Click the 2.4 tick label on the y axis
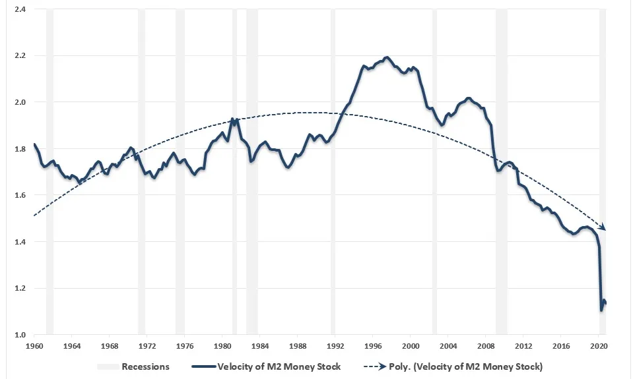point(20,9)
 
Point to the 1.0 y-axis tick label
point(20,335)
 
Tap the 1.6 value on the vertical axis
point(20,195)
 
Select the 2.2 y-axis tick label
point(20,55)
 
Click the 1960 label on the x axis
point(34,346)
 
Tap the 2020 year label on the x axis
point(599,346)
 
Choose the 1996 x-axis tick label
point(373,346)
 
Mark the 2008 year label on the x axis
point(486,346)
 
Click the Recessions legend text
point(145,366)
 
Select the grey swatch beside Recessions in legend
point(108,366)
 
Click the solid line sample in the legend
point(203,366)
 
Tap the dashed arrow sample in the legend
point(375,366)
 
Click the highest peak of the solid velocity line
point(387,57)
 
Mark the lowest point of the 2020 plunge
point(601,310)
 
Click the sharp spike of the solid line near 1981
point(232,119)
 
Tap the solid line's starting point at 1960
point(34,144)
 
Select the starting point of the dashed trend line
point(34,216)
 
